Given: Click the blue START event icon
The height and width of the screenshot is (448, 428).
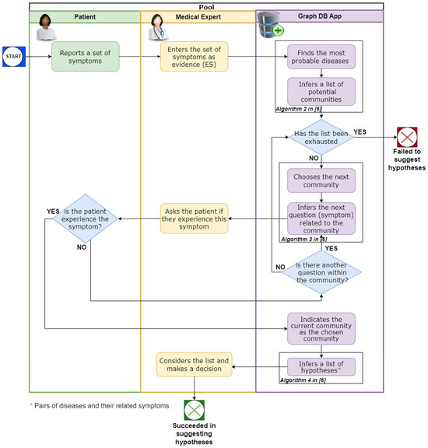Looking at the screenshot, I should coord(14,56).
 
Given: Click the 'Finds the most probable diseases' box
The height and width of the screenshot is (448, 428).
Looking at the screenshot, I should coord(321,56).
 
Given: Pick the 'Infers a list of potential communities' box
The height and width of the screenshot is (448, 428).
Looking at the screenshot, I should coord(321,90).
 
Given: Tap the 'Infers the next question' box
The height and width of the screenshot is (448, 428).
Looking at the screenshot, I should coord(321,218).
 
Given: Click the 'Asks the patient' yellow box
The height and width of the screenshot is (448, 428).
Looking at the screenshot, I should coord(194,219).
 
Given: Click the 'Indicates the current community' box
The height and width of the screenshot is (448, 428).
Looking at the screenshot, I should coord(321,327).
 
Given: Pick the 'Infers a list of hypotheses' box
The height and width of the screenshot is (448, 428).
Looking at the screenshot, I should coord(321,366).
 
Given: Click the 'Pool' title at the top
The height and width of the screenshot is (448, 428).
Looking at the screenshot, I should coord(206,5).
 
